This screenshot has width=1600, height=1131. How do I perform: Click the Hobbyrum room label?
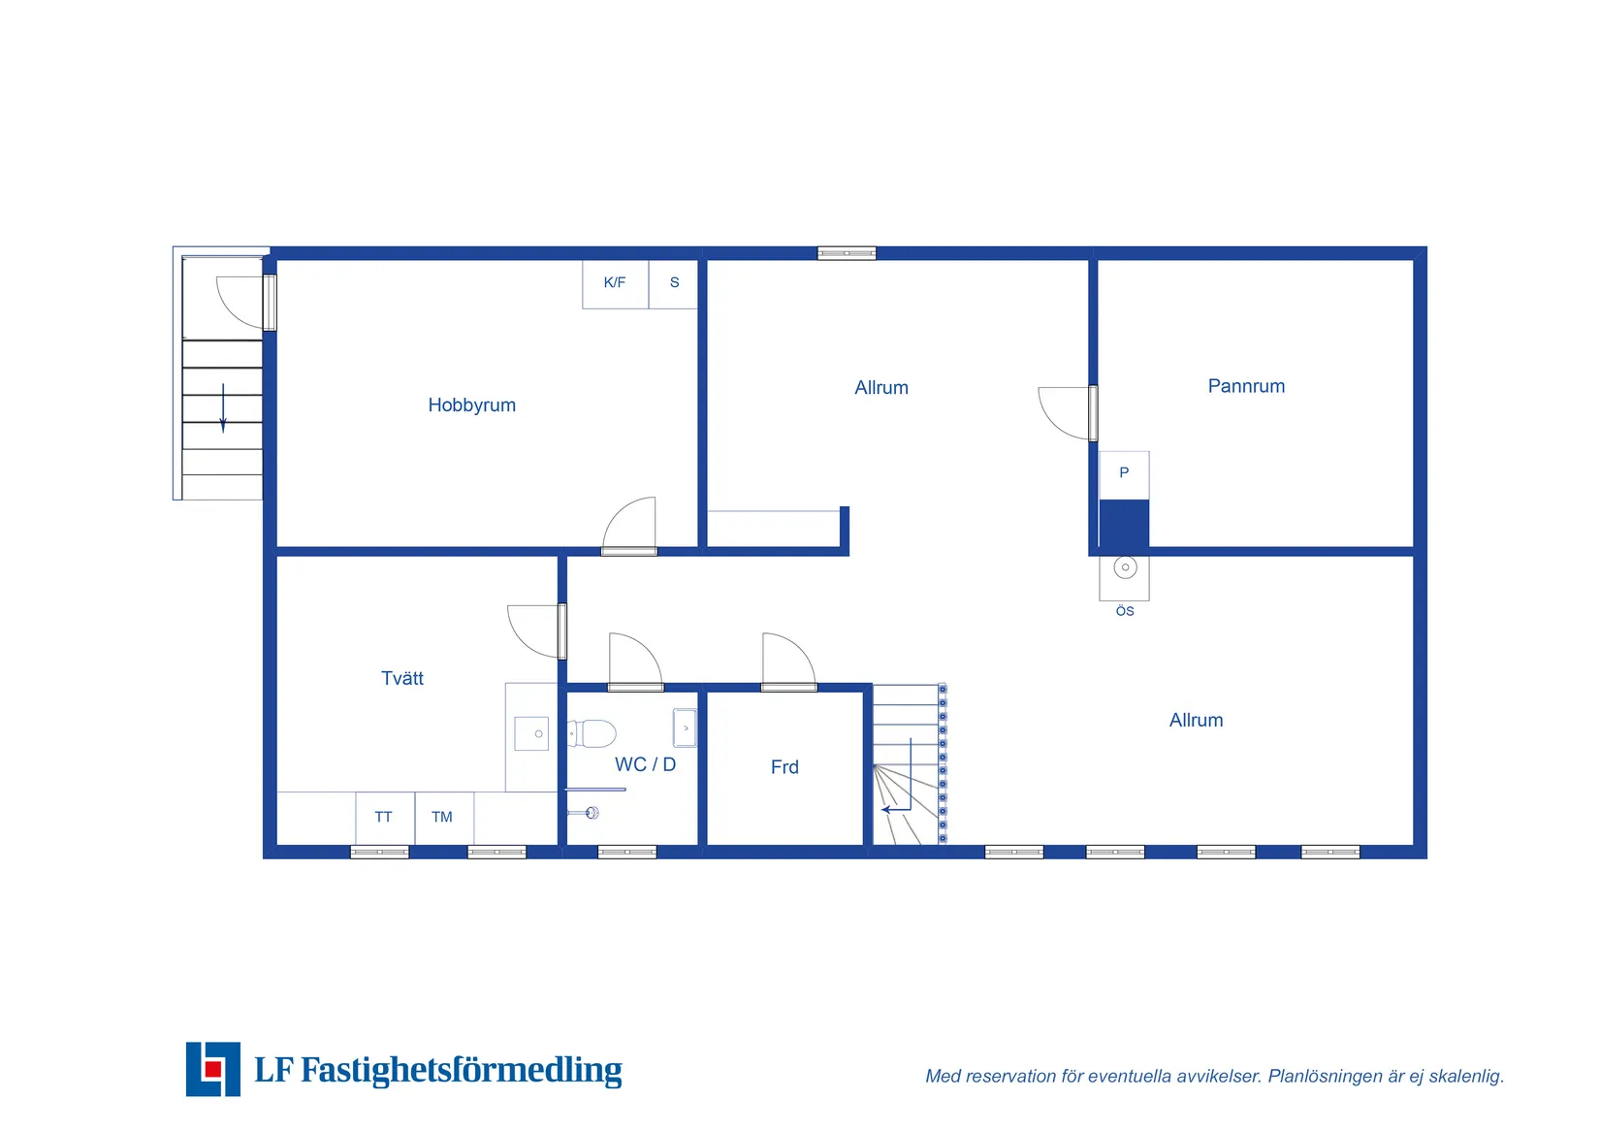pos(471,405)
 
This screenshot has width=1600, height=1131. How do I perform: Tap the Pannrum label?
pos(1246,386)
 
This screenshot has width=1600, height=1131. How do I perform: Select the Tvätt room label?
pos(402,678)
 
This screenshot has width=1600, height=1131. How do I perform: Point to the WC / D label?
pos(645,764)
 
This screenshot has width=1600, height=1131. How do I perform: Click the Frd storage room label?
pos(784,766)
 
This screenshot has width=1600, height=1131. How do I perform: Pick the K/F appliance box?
pos(615,283)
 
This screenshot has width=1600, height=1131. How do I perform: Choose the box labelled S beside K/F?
pos(673,283)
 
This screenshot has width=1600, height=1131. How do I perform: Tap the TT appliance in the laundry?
pos(385,818)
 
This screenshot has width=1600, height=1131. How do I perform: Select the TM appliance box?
pos(444,818)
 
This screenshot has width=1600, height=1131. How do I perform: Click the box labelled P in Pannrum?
pos(1124,475)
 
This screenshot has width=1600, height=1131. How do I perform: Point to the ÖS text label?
pos(1124,611)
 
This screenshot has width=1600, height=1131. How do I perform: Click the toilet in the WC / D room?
pos(592,733)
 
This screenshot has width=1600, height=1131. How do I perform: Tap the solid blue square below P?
pos(1124,525)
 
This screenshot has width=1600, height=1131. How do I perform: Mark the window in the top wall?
pos(847,253)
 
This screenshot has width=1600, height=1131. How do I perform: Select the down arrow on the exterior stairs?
pos(223,408)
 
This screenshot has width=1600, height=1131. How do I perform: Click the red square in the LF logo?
pos(212,1069)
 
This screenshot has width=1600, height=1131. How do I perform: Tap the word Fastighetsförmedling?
pos(461,1070)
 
